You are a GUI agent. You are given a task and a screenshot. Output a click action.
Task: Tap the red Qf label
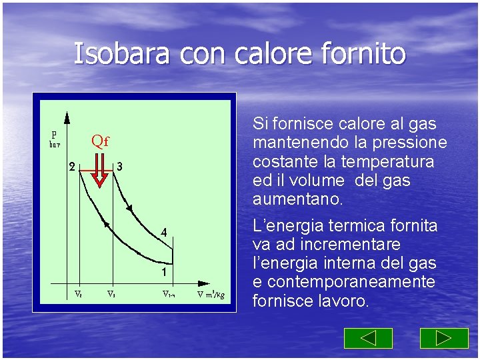(100, 141)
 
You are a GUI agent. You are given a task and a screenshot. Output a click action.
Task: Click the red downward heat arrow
(99, 171)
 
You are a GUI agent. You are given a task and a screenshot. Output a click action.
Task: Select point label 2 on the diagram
(72, 167)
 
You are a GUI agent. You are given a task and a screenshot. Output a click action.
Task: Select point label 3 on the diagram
(119, 166)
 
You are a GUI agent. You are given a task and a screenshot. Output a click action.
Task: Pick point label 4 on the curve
(163, 233)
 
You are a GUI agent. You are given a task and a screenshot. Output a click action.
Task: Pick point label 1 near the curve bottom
(163, 272)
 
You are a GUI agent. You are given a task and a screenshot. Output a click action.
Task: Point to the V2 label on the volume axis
(77, 293)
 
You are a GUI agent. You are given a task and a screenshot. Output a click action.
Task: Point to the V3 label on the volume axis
(112, 293)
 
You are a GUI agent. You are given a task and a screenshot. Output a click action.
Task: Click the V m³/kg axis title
(211, 295)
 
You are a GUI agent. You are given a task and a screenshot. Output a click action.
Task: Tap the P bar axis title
(54, 137)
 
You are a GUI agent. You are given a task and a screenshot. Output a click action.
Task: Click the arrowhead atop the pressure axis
(67, 118)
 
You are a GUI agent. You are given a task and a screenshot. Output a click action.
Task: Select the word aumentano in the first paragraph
(297, 199)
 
